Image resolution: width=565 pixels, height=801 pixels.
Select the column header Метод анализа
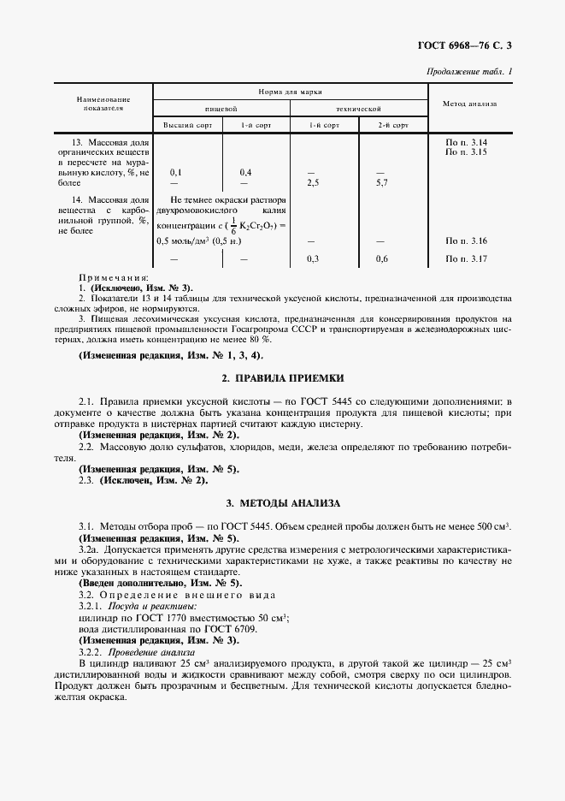pyautogui.click(x=469, y=104)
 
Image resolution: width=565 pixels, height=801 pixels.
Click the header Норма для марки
pyautogui.click(x=290, y=92)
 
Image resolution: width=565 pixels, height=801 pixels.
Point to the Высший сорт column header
pyautogui.click(x=186, y=125)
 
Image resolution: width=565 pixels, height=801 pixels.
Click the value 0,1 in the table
pyautogui.click(x=175, y=172)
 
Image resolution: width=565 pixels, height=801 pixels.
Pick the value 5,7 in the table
pyautogui.click(x=382, y=183)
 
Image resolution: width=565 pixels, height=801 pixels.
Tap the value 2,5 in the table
pyautogui.click(x=313, y=183)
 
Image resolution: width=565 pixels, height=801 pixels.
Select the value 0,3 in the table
pyautogui.click(x=313, y=258)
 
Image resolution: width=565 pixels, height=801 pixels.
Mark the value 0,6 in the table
pyautogui.click(x=382, y=258)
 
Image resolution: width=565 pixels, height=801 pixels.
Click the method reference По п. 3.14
pyautogui.click(x=467, y=140)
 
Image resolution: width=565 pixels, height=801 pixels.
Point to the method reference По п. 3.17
pyautogui.click(x=467, y=258)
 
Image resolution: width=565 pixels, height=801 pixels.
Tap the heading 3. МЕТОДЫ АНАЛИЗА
pyautogui.click(x=281, y=503)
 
